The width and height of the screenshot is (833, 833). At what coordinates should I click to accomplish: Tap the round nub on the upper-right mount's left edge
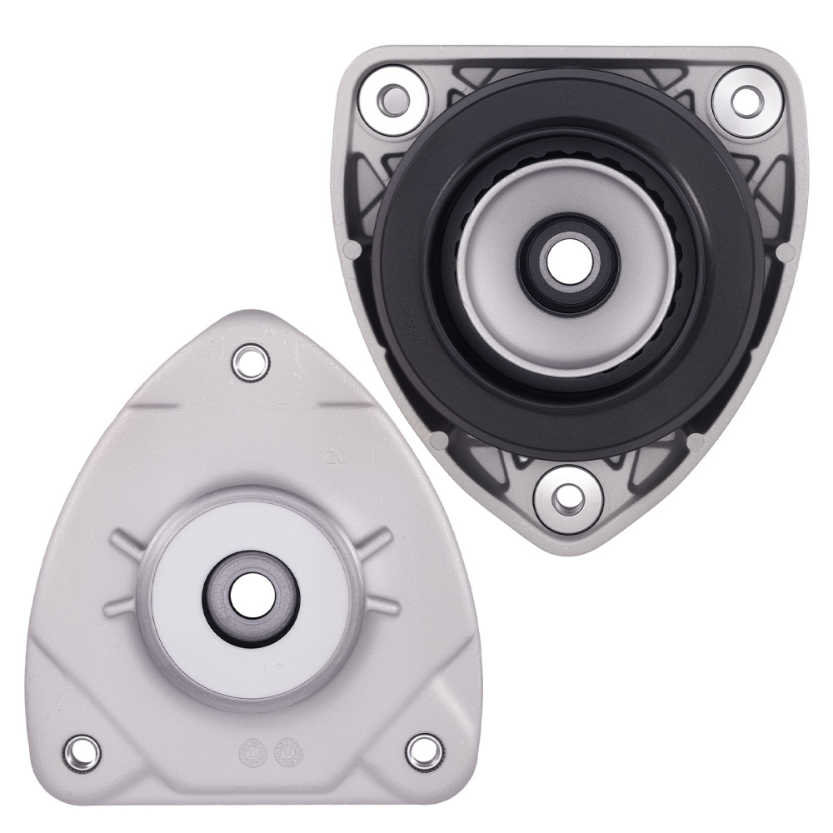[352, 250]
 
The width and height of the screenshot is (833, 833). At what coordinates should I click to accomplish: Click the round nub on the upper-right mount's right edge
[783, 250]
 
